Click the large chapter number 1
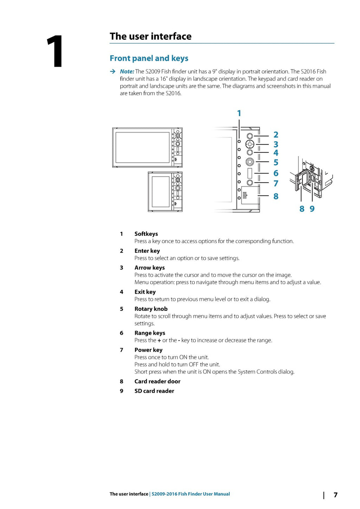(x=55, y=51)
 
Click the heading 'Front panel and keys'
(x=149, y=58)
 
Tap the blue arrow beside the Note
(x=112, y=72)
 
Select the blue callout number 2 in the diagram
(x=276, y=135)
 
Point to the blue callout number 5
(x=276, y=163)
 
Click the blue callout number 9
(x=312, y=209)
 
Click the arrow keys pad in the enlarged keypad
(x=250, y=144)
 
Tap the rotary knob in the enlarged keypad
(x=250, y=162)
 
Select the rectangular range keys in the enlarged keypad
(x=250, y=174)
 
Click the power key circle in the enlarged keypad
(x=250, y=182)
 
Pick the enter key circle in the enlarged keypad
(x=250, y=136)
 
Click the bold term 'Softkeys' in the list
(x=146, y=234)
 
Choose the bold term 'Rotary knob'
(x=151, y=309)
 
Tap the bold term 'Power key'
(x=148, y=350)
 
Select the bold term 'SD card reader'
(x=154, y=391)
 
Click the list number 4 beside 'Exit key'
(x=121, y=292)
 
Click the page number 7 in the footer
(x=335, y=495)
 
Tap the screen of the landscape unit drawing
(x=142, y=148)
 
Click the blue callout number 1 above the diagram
(x=239, y=113)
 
